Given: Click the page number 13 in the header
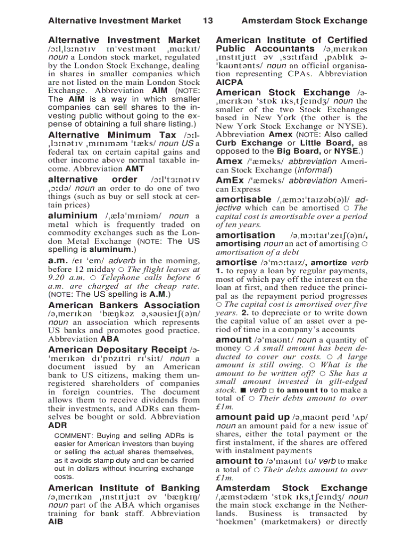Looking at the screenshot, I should click(208, 21).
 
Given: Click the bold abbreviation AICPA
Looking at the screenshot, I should click(229, 82).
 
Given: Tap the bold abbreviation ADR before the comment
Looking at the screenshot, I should click(57, 426).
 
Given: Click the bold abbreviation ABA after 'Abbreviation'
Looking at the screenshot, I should click(110, 339).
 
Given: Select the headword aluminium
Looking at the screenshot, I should click(73, 216).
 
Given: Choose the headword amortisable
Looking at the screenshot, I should click(243, 199).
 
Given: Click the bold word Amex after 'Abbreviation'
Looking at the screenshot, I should click(281, 135).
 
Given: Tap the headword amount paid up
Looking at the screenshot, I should click(252, 417).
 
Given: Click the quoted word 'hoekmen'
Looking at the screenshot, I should click(235, 522).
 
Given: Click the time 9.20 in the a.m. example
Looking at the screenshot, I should click(58, 278).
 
